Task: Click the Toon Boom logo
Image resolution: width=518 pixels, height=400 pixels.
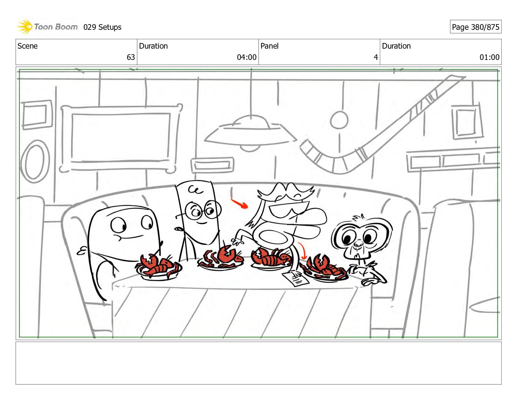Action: pyautogui.click(x=47, y=27)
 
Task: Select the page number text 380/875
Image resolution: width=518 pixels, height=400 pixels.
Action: pyautogui.click(x=485, y=27)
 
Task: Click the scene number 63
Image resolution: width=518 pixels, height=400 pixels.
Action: pyautogui.click(x=131, y=57)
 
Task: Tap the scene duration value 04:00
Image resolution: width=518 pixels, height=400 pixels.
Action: pyautogui.click(x=246, y=57)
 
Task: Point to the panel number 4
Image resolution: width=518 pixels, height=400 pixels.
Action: pyautogui.click(x=375, y=57)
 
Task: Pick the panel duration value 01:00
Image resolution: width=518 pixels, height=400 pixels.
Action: pyautogui.click(x=489, y=57)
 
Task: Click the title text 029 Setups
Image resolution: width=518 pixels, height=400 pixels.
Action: pyautogui.click(x=102, y=27)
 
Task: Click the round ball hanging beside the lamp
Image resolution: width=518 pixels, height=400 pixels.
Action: pyautogui.click(x=339, y=120)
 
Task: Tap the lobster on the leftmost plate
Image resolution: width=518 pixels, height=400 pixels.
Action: pyautogui.click(x=157, y=265)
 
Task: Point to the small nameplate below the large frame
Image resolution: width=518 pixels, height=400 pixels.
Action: pyautogui.click(x=213, y=165)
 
